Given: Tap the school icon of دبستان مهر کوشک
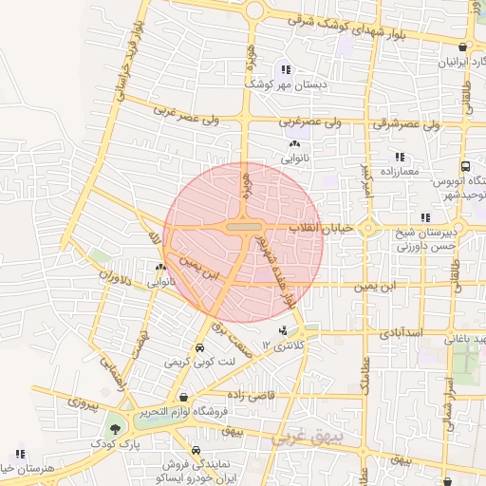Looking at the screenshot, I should click(285, 69).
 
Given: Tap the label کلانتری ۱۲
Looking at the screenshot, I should click(286, 348).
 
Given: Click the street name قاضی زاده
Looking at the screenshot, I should click(250, 393).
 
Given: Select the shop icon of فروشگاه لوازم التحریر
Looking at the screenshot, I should click(183, 397).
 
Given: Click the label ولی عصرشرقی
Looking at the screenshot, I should click(409, 123).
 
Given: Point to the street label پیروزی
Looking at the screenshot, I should click(82, 403).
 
